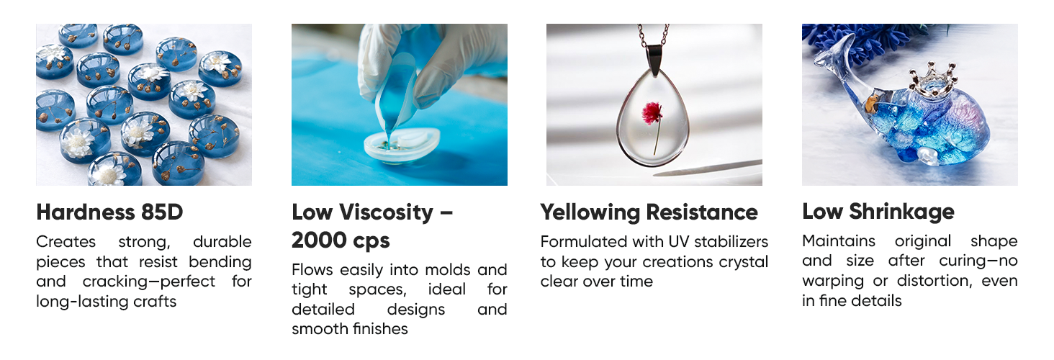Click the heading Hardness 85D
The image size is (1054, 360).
point(109,212)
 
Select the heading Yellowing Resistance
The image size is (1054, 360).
point(649,212)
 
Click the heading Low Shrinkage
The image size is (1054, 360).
point(878,212)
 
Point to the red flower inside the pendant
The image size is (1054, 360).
point(652,114)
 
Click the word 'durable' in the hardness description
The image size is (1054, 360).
point(222,242)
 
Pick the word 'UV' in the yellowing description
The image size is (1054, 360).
point(678,242)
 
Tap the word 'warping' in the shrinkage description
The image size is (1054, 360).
point(833,282)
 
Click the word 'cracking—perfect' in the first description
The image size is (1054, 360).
point(149,282)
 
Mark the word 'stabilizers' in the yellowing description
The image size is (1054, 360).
point(731,242)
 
